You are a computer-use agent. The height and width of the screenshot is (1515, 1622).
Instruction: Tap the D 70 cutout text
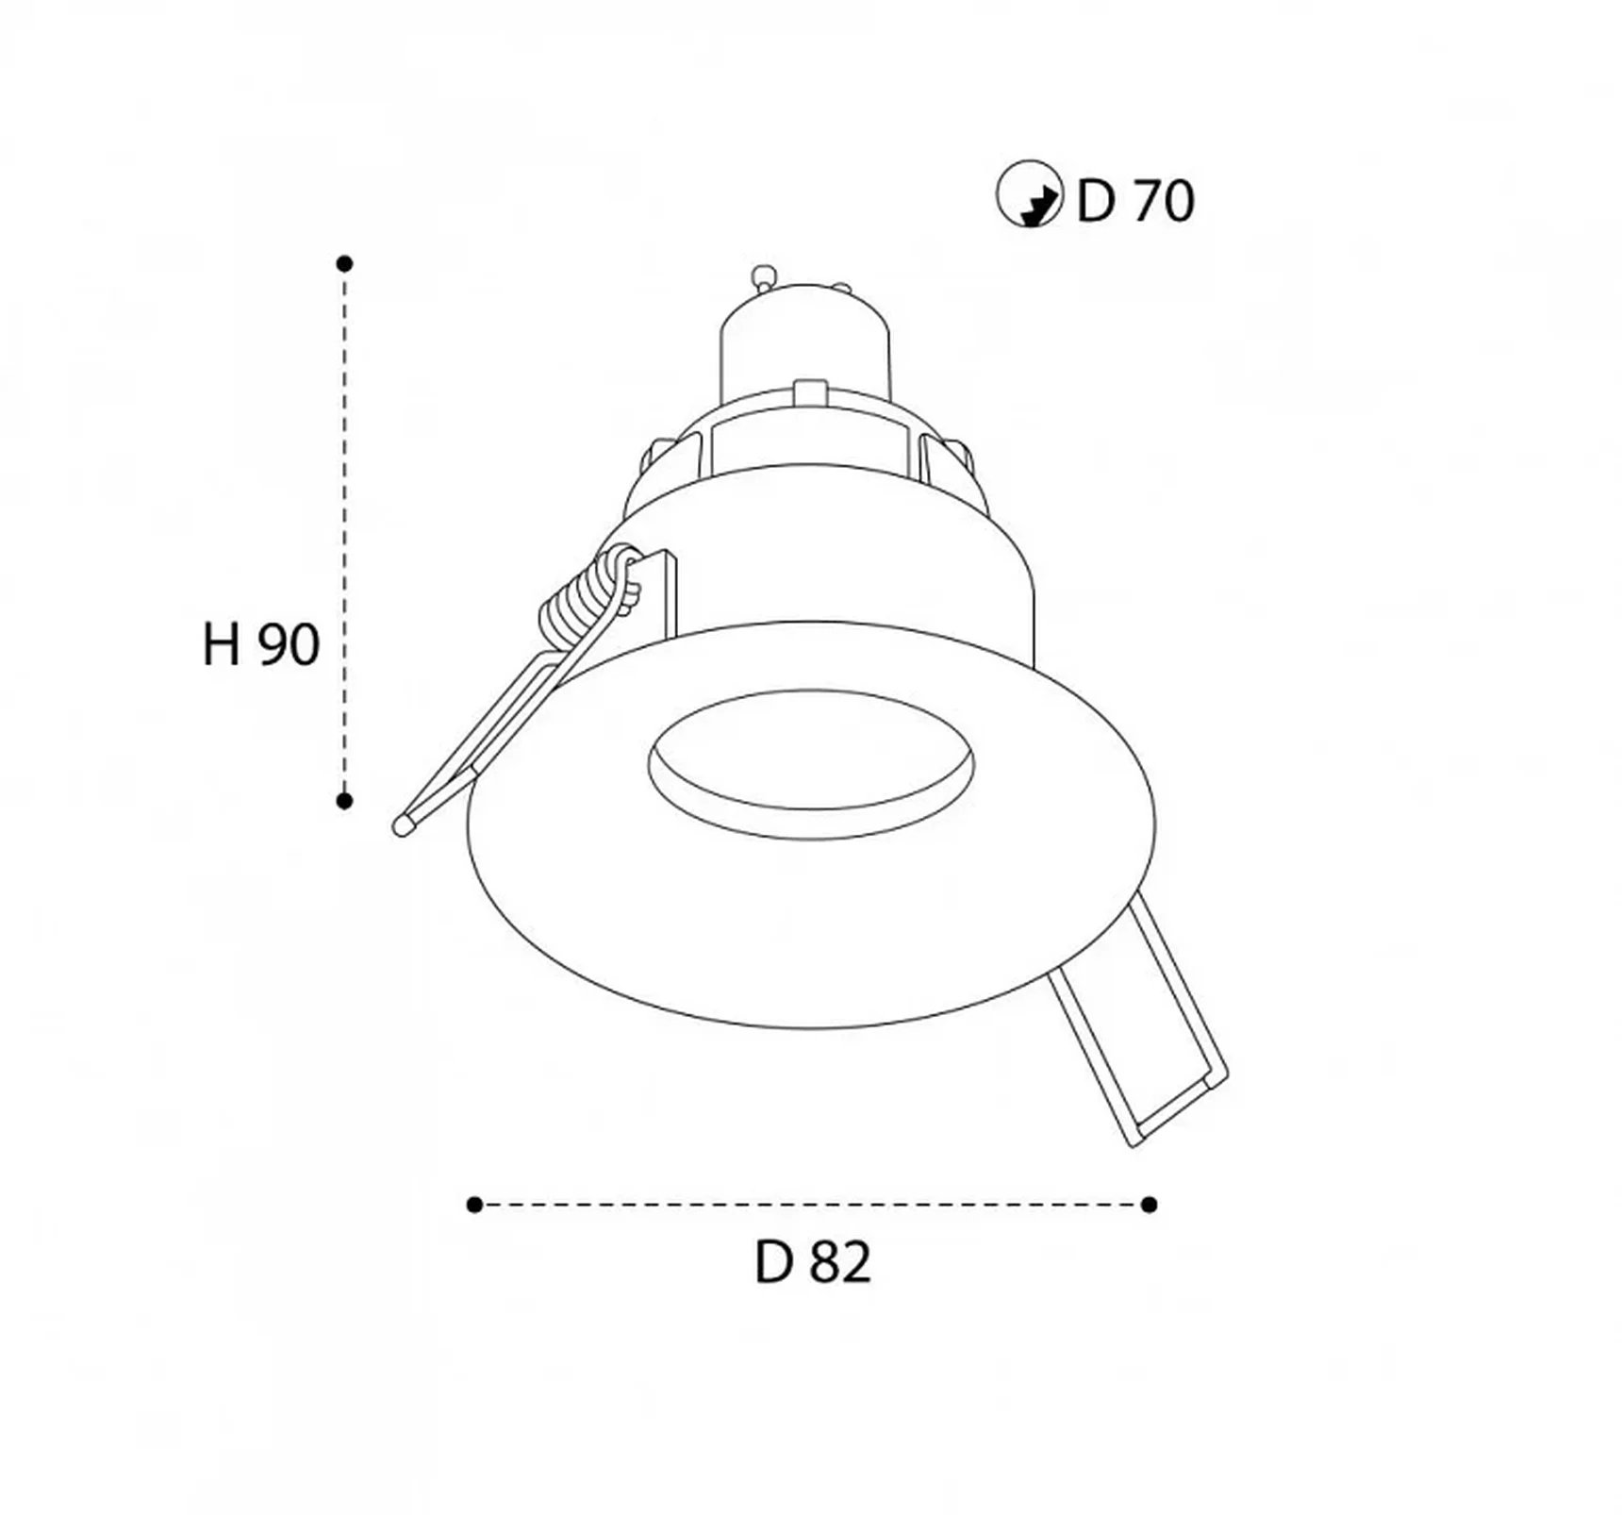(x=1135, y=200)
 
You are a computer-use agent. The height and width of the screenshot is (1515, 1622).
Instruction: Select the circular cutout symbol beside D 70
(x=1030, y=194)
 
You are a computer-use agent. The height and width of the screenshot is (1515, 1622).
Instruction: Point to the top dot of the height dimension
(x=344, y=263)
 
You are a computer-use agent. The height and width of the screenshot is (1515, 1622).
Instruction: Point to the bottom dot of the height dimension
(x=344, y=801)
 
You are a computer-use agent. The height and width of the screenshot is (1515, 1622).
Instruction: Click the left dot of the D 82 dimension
(x=474, y=1205)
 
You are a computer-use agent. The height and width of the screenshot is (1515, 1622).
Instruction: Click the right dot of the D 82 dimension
(x=1149, y=1205)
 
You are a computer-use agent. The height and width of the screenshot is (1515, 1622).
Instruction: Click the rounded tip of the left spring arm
(x=403, y=826)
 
